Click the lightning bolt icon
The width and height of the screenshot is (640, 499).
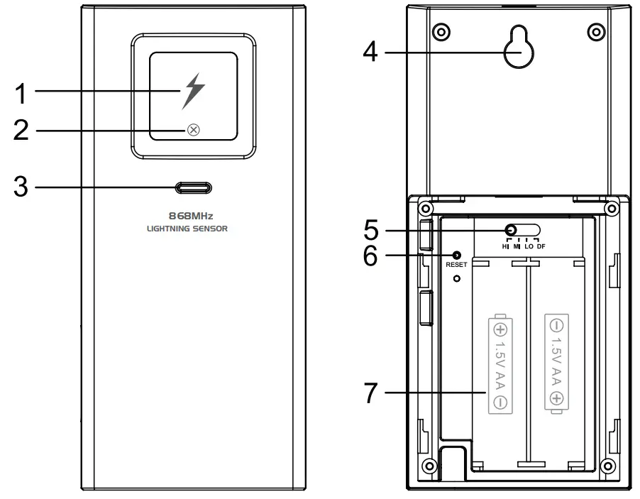[192, 91]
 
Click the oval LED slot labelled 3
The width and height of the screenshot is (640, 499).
[193, 187]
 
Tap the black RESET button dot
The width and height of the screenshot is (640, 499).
[456, 255]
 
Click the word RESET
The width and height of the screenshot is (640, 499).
[456, 265]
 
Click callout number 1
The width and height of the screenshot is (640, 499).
[23, 92]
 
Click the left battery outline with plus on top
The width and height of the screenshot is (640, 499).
[500, 363]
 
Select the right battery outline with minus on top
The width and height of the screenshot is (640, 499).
[556, 363]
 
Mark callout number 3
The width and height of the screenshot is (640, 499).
[23, 188]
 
